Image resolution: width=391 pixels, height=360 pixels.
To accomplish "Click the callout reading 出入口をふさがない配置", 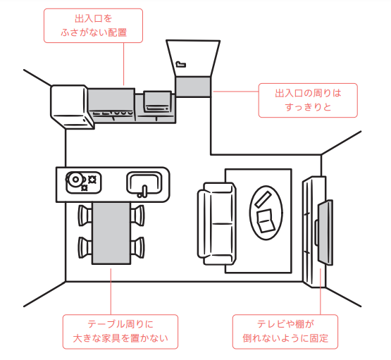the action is click(93, 25).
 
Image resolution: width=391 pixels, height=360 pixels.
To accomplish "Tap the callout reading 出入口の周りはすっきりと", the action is click(308, 100).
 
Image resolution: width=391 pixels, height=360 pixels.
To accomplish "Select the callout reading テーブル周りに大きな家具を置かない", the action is click(120, 332).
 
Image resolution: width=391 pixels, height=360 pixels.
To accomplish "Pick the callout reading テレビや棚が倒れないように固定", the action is click(285, 332).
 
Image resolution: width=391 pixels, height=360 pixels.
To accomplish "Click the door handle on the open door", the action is click(181, 64).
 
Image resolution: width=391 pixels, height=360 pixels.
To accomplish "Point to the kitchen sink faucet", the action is click(143, 192).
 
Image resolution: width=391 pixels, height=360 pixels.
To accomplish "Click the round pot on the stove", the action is click(75, 179).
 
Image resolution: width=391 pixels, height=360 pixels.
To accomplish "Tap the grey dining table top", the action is click(111, 233).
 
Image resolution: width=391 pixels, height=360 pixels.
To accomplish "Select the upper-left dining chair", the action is click(85, 216).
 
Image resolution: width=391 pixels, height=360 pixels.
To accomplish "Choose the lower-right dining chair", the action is click(137, 247).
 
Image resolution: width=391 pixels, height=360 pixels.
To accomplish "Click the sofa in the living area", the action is click(216, 223).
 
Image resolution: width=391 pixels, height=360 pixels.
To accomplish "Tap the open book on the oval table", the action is click(266, 221).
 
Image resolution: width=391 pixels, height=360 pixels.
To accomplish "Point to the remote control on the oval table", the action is click(263, 199).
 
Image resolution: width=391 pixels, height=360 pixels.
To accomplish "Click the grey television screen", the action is click(325, 232).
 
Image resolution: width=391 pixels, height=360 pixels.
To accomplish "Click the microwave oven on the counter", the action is click(157, 102).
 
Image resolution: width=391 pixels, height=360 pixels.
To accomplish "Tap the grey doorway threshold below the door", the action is click(193, 87).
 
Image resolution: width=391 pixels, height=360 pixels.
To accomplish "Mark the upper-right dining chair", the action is click(137, 216).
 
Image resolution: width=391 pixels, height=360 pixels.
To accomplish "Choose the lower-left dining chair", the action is click(85, 247).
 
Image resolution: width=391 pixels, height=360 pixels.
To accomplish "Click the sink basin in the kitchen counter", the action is click(144, 183).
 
